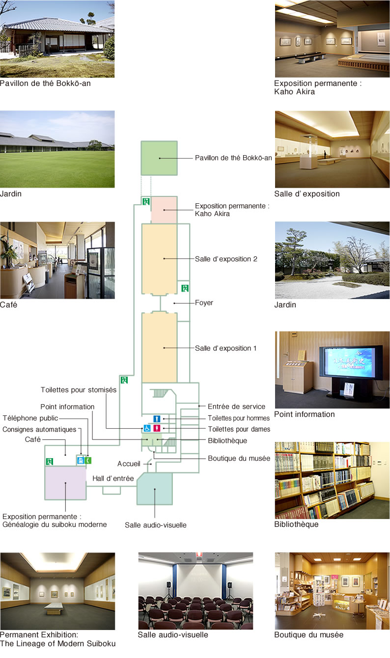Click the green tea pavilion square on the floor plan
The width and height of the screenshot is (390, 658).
tap(159, 158)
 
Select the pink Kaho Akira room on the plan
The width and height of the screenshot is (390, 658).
tap(164, 210)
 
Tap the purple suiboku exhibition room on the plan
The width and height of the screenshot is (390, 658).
tap(65, 483)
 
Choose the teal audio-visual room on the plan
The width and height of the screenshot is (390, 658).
tap(155, 489)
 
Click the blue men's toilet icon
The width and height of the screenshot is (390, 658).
tap(157, 418)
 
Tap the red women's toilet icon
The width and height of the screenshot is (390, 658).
tap(157, 428)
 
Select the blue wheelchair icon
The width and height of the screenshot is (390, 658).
tap(147, 428)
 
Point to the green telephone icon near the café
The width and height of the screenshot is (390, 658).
tap(88, 460)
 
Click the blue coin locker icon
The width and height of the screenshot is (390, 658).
tap(81, 460)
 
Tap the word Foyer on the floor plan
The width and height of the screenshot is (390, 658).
tap(204, 302)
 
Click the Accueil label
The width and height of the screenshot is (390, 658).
tap(129, 464)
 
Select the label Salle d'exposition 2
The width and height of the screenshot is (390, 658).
tap(226, 259)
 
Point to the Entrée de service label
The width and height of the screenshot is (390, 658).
tap(236, 406)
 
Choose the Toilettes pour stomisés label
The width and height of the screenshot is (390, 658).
tap(79, 389)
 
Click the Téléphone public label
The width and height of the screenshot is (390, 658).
tap(30, 418)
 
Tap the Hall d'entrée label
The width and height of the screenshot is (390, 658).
tap(113, 478)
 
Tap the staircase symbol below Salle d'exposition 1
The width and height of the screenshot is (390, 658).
tap(160, 393)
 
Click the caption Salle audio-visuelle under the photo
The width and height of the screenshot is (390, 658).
tap(173, 634)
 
